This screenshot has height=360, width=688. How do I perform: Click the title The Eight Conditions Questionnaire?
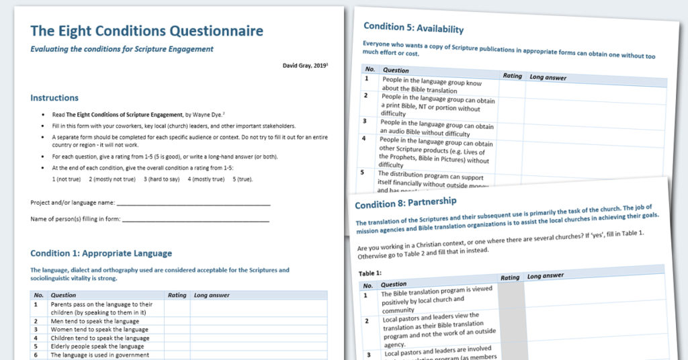click(146, 31)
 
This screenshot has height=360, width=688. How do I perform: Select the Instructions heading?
click(54, 98)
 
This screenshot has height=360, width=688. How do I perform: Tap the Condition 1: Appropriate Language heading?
click(101, 253)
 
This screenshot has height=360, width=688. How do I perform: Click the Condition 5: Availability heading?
click(413, 28)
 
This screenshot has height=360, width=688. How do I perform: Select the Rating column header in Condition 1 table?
click(177, 295)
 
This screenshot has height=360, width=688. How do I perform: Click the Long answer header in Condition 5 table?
click(548, 78)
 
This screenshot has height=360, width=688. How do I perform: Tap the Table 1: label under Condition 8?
click(370, 273)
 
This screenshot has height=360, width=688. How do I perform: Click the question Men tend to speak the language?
click(95, 321)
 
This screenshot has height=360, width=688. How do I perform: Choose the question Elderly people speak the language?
click(97, 347)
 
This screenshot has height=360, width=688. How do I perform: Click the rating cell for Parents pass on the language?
click(177, 308)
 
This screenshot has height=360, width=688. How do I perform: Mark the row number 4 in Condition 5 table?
click(363, 138)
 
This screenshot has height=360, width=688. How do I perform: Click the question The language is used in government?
click(99, 355)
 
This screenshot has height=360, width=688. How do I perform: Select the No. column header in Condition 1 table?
click(38, 295)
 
